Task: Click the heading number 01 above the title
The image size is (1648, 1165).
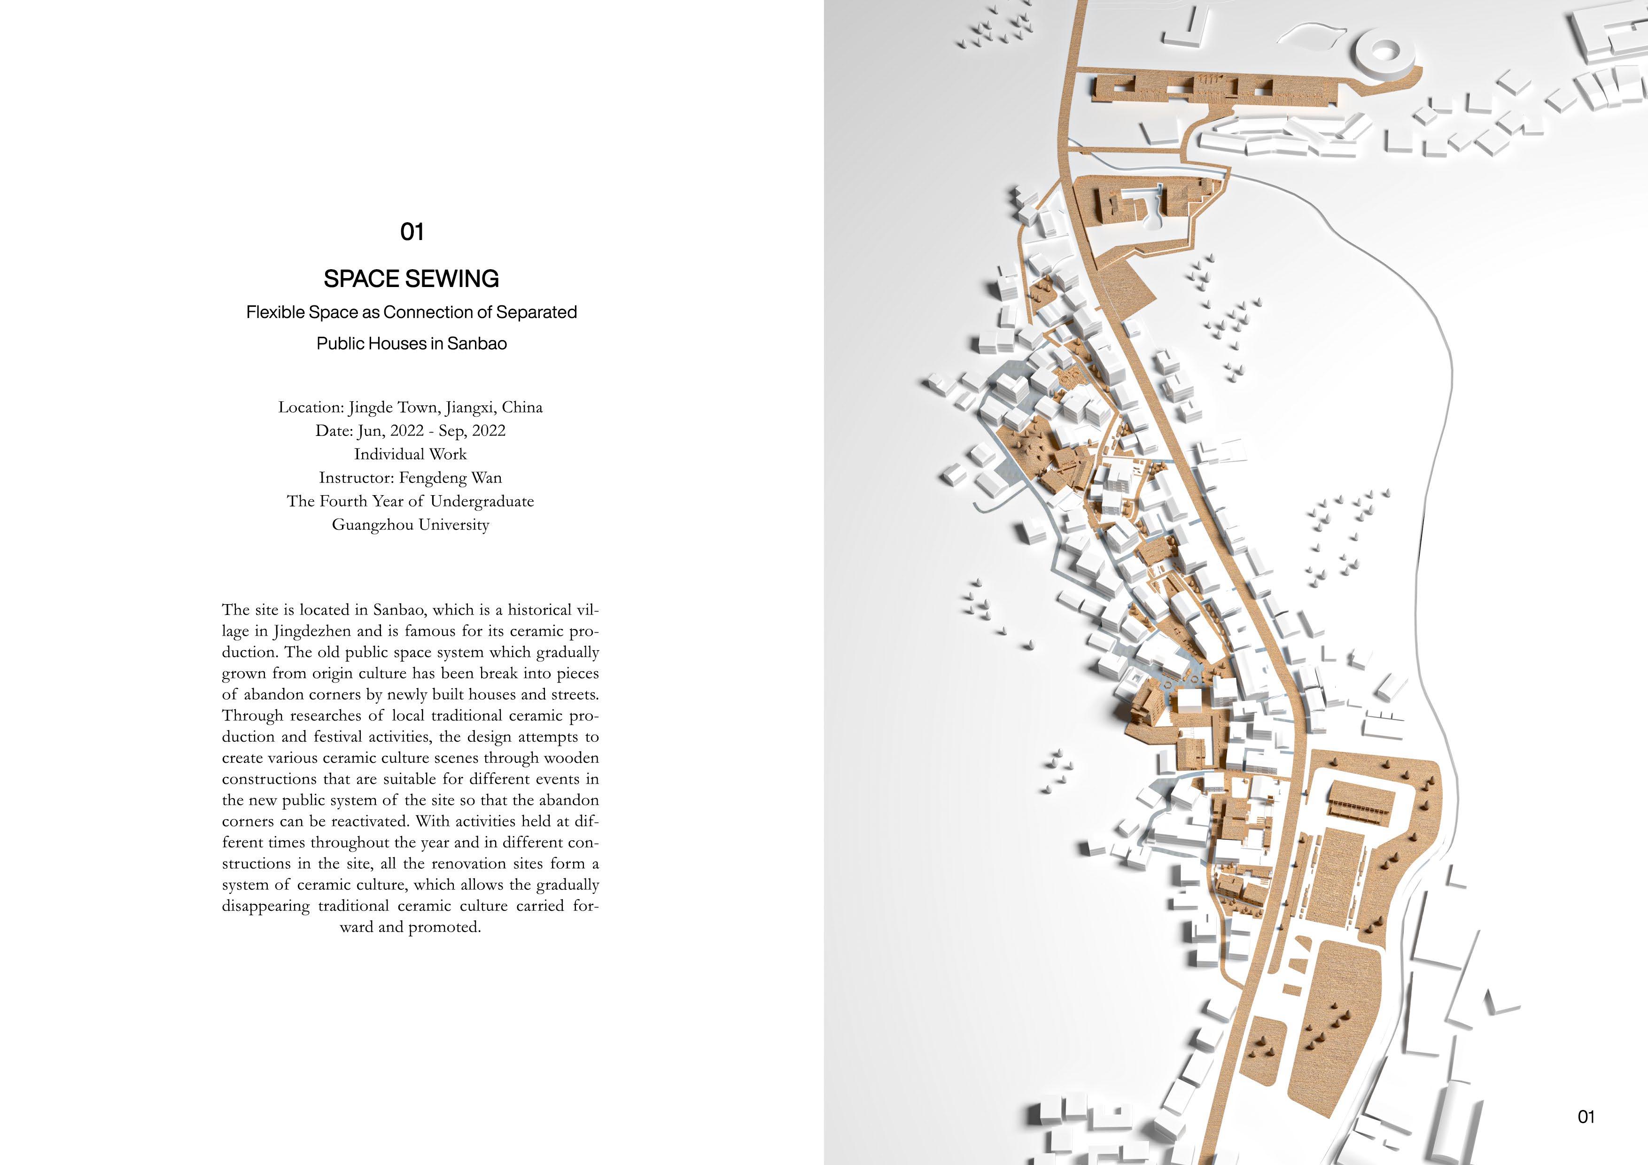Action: click(x=411, y=232)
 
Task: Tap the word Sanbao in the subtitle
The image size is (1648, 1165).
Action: click(x=477, y=344)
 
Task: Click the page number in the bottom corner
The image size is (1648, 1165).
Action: click(x=1586, y=1117)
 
